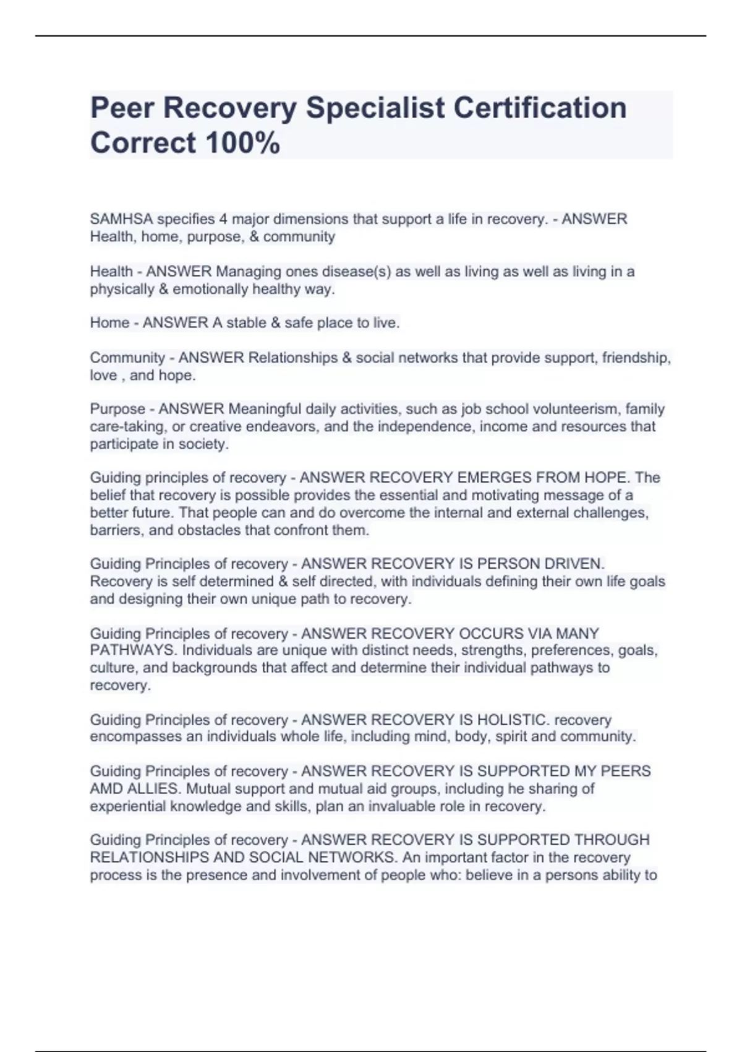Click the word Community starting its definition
click(x=127, y=358)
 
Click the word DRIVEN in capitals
click(x=573, y=564)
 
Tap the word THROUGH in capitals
click(x=612, y=840)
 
